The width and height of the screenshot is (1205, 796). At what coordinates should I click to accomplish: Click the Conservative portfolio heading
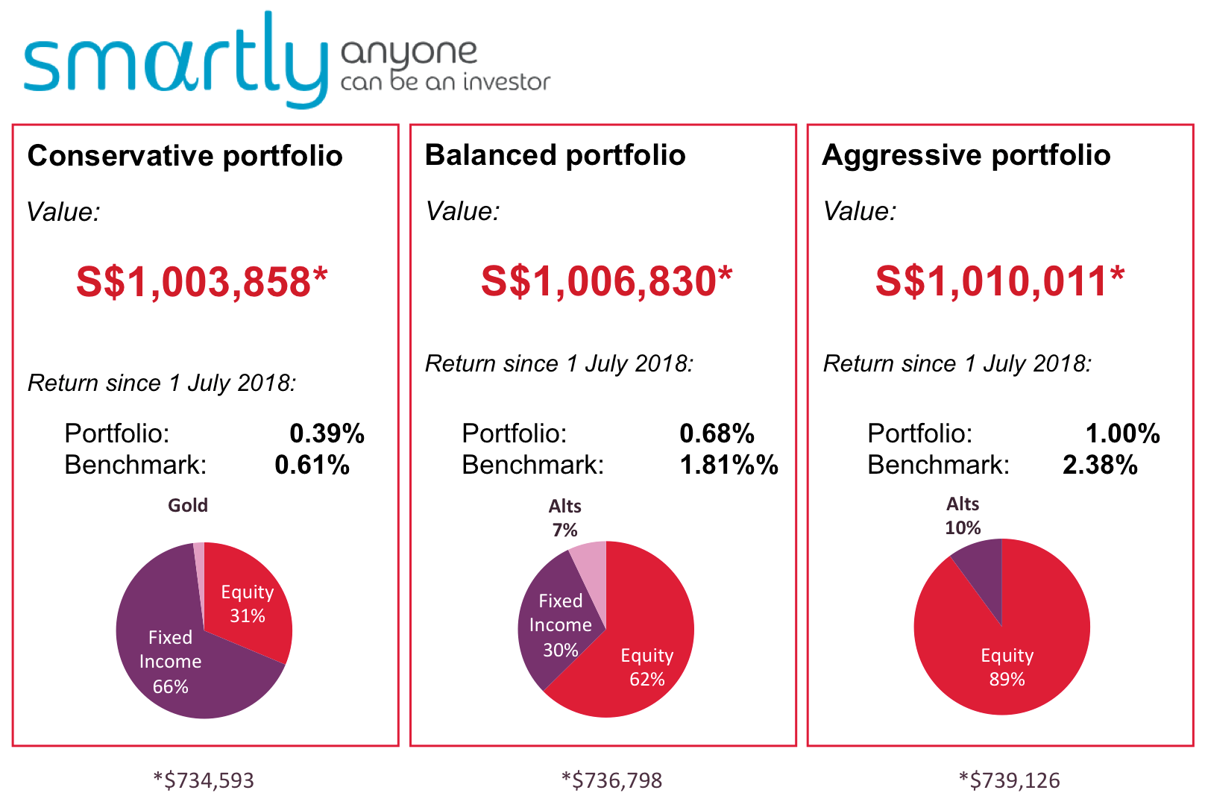[x=185, y=156]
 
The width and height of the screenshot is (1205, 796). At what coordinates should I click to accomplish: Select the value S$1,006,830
[x=606, y=282]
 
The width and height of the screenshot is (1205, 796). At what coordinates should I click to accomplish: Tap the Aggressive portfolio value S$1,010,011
[x=999, y=282]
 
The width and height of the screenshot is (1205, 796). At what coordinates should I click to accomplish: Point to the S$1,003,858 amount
[x=201, y=283]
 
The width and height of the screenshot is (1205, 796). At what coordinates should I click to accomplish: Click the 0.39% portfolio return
[x=327, y=433]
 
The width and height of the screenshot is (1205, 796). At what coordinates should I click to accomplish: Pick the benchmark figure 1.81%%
[x=729, y=465]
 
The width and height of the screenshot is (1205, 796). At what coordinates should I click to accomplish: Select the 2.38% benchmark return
[x=1099, y=465]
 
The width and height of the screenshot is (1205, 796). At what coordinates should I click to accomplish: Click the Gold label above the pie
[x=188, y=505]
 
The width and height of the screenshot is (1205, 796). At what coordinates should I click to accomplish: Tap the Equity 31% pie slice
[x=247, y=604]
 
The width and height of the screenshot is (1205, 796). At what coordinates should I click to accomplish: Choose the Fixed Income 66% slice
[x=170, y=661]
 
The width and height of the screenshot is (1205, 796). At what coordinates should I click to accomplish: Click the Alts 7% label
[x=565, y=518]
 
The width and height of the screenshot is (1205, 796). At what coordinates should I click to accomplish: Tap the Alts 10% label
[x=963, y=515]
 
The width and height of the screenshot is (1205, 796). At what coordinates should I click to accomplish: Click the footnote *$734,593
[x=204, y=780]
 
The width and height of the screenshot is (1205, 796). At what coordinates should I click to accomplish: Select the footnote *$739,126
[x=1009, y=780]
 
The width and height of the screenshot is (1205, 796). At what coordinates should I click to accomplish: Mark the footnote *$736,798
[x=611, y=780]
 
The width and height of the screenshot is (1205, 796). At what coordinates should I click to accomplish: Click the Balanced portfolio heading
[x=555, y=155]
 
